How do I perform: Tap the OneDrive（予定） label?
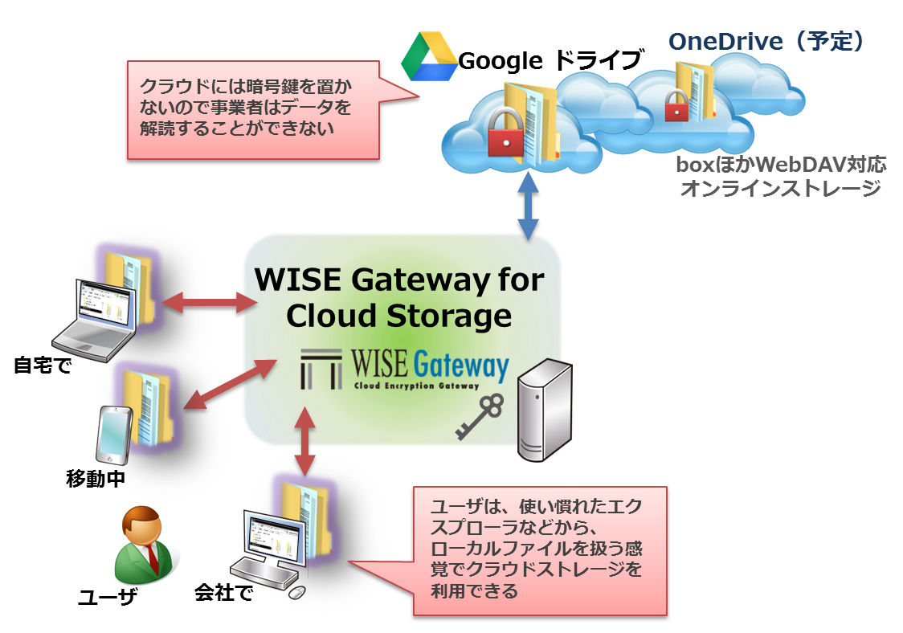pyautogui.click(x=766, y=42)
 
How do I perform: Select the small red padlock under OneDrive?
pyautogui.click(x=676, y=105)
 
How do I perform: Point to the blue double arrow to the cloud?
pyautogui.click(x=528, y=205)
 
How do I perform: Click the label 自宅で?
pyautogui.click(x=42, y=366)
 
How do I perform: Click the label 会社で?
pyautogui.click(x=223, y=594)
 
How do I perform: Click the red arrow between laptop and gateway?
pyautogui.click(x=209, y=302)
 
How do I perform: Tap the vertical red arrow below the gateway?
pyautogui.click(x=304, y=440)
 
